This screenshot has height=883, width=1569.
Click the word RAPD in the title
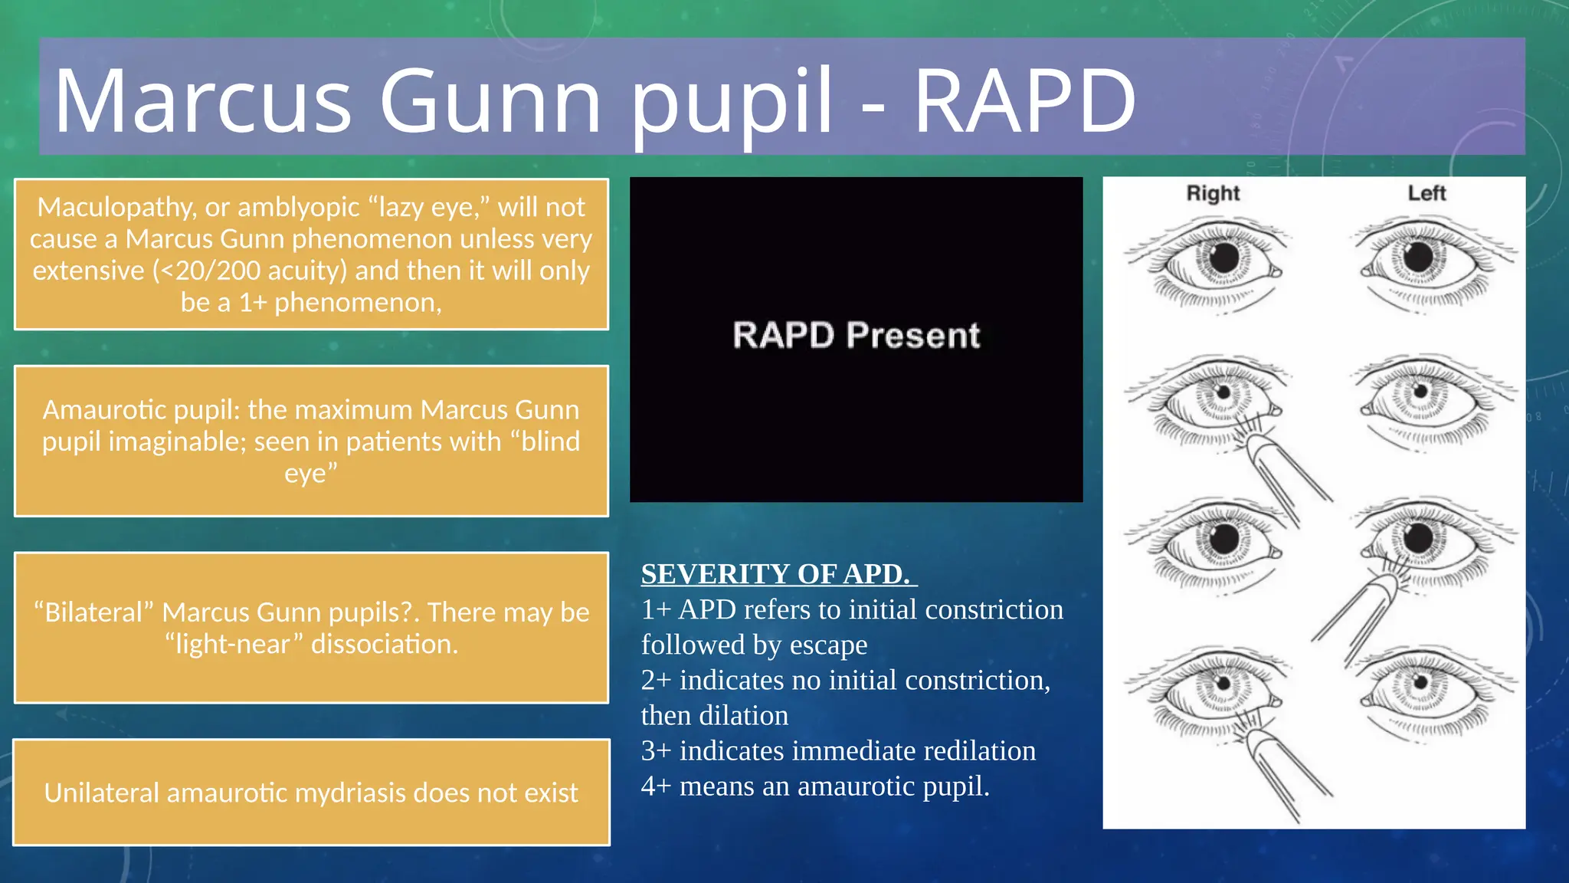coord(1024,100)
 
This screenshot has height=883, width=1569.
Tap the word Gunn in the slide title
coord(490,100)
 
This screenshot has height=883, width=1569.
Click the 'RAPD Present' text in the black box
coord(856,336)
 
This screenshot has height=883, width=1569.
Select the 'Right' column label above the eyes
coord(1213,193)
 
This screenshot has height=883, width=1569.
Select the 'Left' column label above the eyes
coord(1427,193)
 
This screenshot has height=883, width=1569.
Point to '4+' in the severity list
coord(656,786)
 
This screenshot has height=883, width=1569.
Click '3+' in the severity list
coord(656,750)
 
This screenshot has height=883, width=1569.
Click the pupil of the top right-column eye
coord(1223,257)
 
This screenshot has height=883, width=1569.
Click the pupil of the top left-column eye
coord(1418,257)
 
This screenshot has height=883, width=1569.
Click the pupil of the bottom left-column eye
coord(1420,681)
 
